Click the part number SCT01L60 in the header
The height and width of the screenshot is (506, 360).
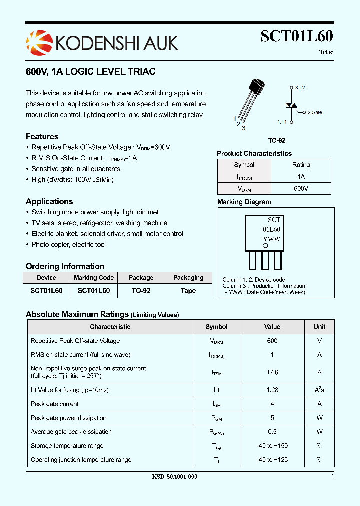(x=297, y=36)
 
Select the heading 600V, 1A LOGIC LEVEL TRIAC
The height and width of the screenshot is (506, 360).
(x=90, y=72)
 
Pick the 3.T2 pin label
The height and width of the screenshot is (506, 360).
(x=300, y=87)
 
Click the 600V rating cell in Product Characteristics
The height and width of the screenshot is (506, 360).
(x=301, y=188)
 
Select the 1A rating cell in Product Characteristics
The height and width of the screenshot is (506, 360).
(x=301, y=177)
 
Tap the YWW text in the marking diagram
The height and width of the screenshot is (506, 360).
(x=271, y=239)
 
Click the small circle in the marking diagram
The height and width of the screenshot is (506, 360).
(x=265, y=246)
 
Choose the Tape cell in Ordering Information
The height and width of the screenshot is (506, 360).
(x=188, y=290)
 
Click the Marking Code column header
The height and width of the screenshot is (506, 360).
(x=94, y=278)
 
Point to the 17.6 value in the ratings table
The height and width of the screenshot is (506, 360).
(x=272, y=372)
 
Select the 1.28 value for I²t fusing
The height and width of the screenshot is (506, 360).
(x=272, y=390)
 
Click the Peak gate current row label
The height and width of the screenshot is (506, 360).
(x=55, y=404)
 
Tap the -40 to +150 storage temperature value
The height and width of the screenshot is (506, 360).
(x=272, y=446)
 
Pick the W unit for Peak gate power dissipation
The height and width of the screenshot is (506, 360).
(x=319, y=418)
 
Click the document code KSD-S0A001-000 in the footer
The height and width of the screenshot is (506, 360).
(x=174, y=477)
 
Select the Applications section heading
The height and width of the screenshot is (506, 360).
(x=49, y=201)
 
